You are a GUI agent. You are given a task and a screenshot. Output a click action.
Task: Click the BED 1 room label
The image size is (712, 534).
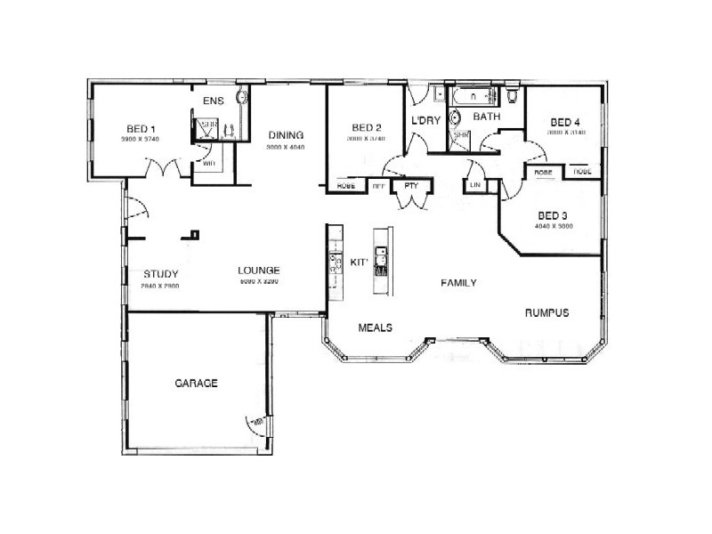pyautogui.click(x=134, y=129)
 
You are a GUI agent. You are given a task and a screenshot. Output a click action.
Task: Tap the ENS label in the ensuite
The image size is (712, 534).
pyautogui.click(x=214, y=101)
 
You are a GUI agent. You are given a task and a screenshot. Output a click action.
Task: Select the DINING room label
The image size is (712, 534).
pyautogui.click(x=285, y=135)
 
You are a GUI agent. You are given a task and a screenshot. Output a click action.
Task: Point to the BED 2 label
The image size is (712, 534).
pyautogui.click(x=366, y=126)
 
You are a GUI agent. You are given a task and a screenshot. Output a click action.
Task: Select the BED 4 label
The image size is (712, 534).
pyautogui.click(x=565, y=122)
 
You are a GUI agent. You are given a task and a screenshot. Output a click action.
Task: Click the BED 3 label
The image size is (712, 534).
pyautogui.click(x=553, y=215)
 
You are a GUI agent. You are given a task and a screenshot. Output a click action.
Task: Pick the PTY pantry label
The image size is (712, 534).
pyautogui.click(x=411, y=186)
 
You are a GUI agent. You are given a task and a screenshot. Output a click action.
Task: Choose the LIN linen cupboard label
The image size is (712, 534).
pyautogui.click(x=473, y=185)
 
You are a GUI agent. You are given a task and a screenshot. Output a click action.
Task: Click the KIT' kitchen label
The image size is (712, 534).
pyautogui.click(x=360, y=263)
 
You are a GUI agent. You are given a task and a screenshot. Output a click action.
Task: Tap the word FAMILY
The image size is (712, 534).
pyautogui.click(x=459, y=283)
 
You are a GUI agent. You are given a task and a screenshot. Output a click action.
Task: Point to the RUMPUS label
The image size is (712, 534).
pyautogui.click(x=546, y=312)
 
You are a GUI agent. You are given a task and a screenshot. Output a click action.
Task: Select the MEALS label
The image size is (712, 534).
pyautogui.click(x=375, y=327)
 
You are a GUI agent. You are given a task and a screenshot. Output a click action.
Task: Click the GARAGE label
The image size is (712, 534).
pyautogui.click(x=196, y=383)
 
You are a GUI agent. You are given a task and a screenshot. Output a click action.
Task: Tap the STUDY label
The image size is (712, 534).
pyautogui.click(x=160, y=273)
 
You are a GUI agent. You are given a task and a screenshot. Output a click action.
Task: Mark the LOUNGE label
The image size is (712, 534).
pyautogui.click(x=259, y=271)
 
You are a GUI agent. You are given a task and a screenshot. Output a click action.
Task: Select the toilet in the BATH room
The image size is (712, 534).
pyautogui.click(x=514, y=95)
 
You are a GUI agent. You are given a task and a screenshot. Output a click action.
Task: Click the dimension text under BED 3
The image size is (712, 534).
pyautogui.click(x=553, y=226)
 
